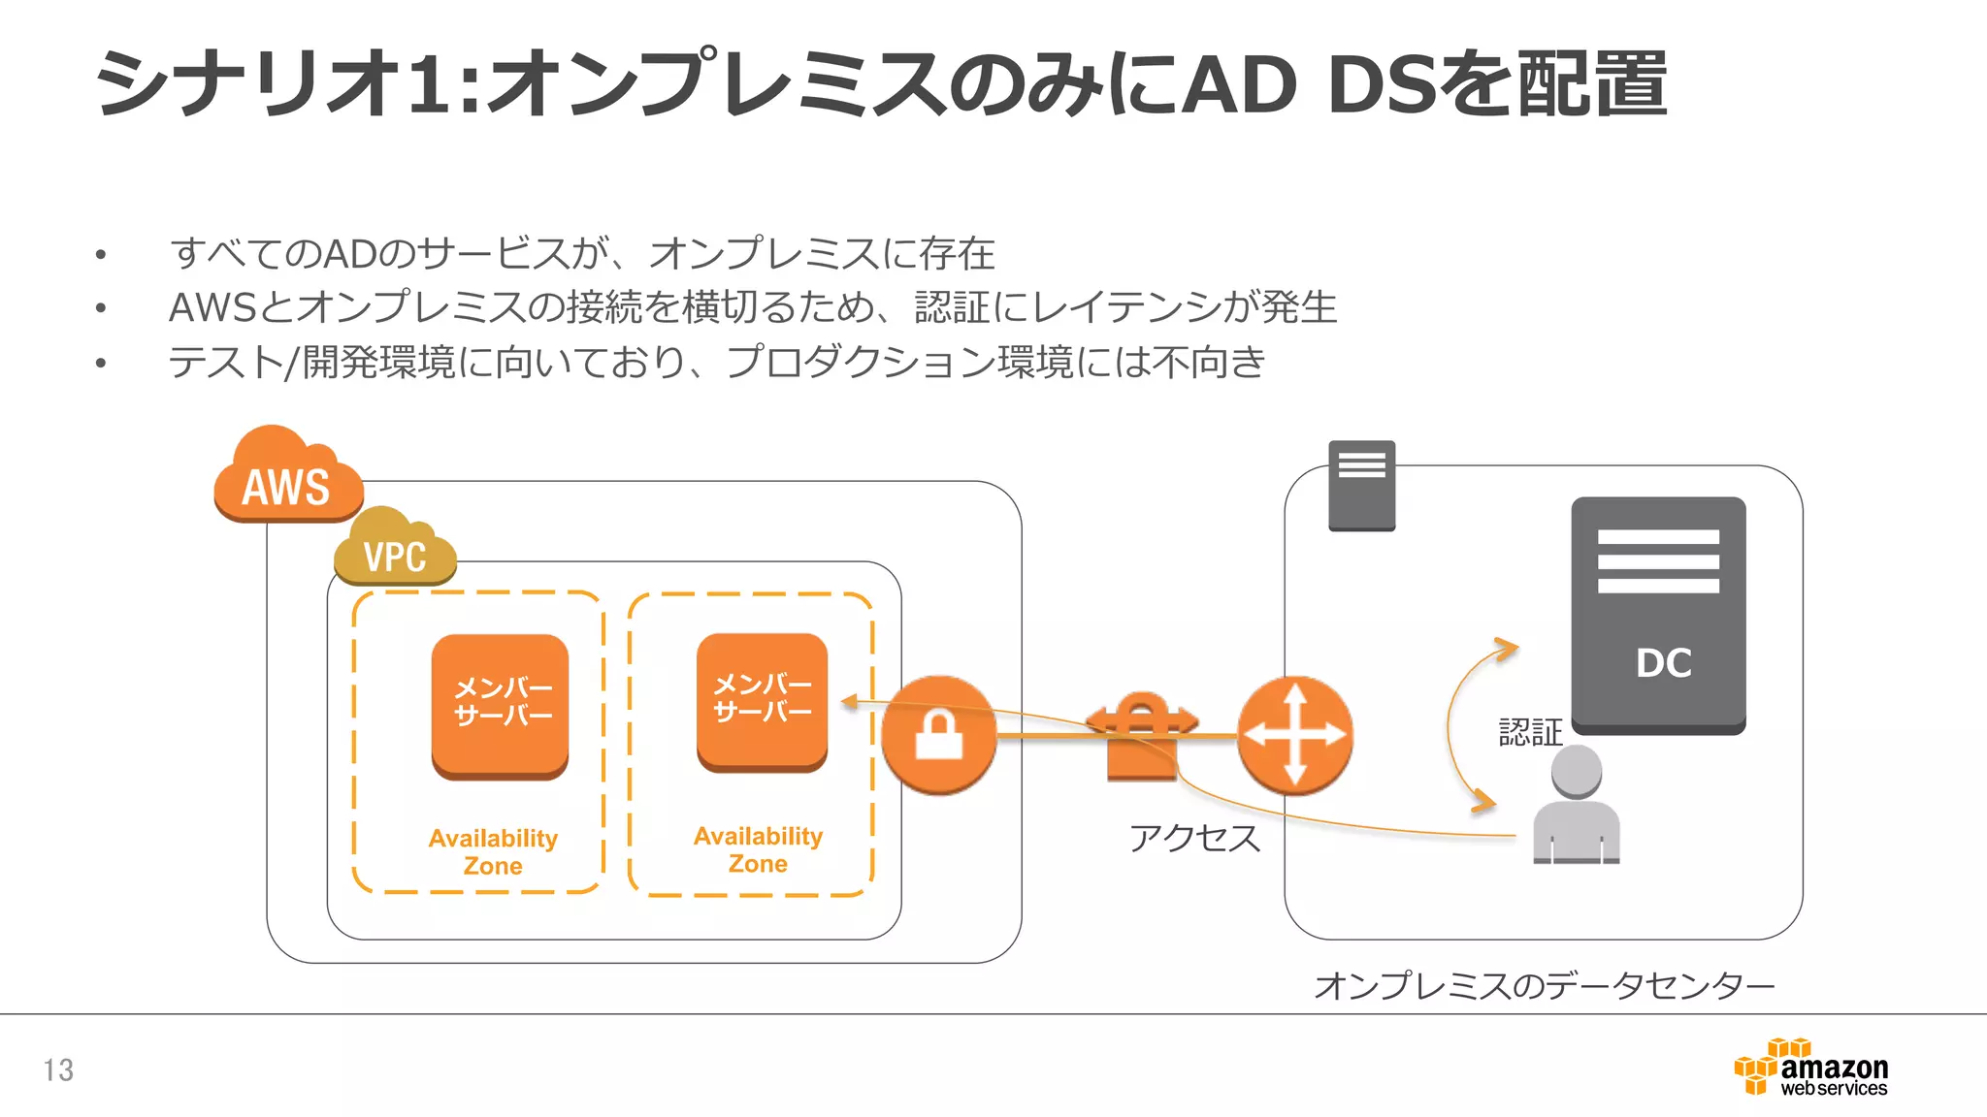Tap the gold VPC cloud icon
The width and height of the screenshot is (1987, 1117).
click(x=395, y=551)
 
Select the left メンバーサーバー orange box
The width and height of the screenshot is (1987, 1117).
click(x=500, y=705)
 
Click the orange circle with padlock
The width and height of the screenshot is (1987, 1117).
click(x=938, y=735)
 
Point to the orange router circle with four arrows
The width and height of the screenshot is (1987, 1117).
click(x=1294, y=735)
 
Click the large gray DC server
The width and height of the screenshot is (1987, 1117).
click(x=1658, y=615)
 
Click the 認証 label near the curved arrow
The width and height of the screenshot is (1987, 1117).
click(x=1530, y=732)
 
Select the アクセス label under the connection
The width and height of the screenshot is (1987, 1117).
click(x=1194, y=838)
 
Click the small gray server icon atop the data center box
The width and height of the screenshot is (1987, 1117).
click(x=1361, y=486)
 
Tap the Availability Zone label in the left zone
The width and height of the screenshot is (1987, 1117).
click(x=493, y=851)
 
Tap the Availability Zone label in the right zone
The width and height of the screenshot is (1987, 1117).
click(x=758, y=849)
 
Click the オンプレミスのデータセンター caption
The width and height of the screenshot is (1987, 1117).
click(x=1544, y=986)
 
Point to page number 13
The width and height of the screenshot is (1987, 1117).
click(x=58, y=1070)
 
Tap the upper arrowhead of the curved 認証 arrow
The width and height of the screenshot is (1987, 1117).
click(x=1507, y=647)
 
